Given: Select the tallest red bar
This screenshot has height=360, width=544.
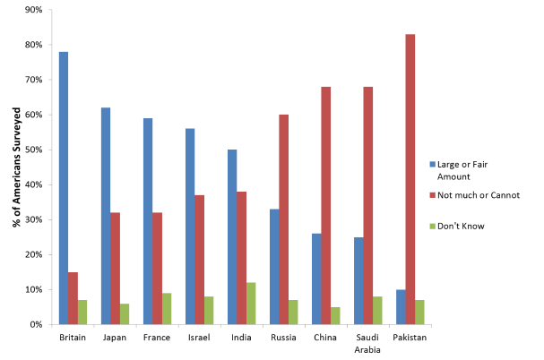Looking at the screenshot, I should click(x=410, y=179).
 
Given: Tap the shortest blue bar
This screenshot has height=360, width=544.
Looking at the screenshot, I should click(x=401, y=307).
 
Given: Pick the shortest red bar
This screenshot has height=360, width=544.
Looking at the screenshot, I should click(x=73, y=298).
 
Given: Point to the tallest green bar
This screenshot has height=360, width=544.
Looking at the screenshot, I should click(x=251, y=304).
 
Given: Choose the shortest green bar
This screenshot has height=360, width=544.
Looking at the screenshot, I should click(x=335, y=316).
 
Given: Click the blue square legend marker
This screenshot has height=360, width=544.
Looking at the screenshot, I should click(x=432, y=165).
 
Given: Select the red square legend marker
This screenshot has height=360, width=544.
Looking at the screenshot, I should click(x=432, y=195).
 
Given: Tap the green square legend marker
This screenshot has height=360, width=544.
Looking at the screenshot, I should click(x=432, y=226).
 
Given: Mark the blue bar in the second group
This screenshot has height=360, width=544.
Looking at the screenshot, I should click(x=106, y=216).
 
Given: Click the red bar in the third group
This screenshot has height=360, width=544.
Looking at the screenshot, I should click(x=157, y=269).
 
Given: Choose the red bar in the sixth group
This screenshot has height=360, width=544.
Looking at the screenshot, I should click(x=283, y=219).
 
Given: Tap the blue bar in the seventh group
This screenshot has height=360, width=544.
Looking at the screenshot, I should click(x=316, y=279).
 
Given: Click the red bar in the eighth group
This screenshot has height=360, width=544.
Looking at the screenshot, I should click(x=368, y=205).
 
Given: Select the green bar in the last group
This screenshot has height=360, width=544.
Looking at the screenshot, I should click(x=419, y=313).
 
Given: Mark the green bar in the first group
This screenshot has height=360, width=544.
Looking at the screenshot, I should click(x=82, y=313).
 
